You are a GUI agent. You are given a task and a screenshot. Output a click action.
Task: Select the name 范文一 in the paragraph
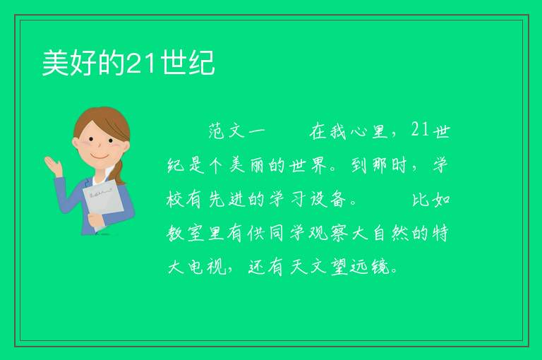coord(237,132)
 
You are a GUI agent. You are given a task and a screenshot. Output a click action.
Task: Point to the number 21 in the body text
coord(420,131)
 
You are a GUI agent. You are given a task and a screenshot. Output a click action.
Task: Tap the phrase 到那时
coord(379,165)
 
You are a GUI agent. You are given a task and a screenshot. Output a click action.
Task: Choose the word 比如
coord(431,200)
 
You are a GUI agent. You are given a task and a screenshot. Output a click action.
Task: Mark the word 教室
coord(186,233)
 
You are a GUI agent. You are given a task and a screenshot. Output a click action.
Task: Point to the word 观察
coord(327,233)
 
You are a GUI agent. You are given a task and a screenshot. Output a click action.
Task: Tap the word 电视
coord(207,267)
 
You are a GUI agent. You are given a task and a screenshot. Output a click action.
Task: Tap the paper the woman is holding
coord(103,201)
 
